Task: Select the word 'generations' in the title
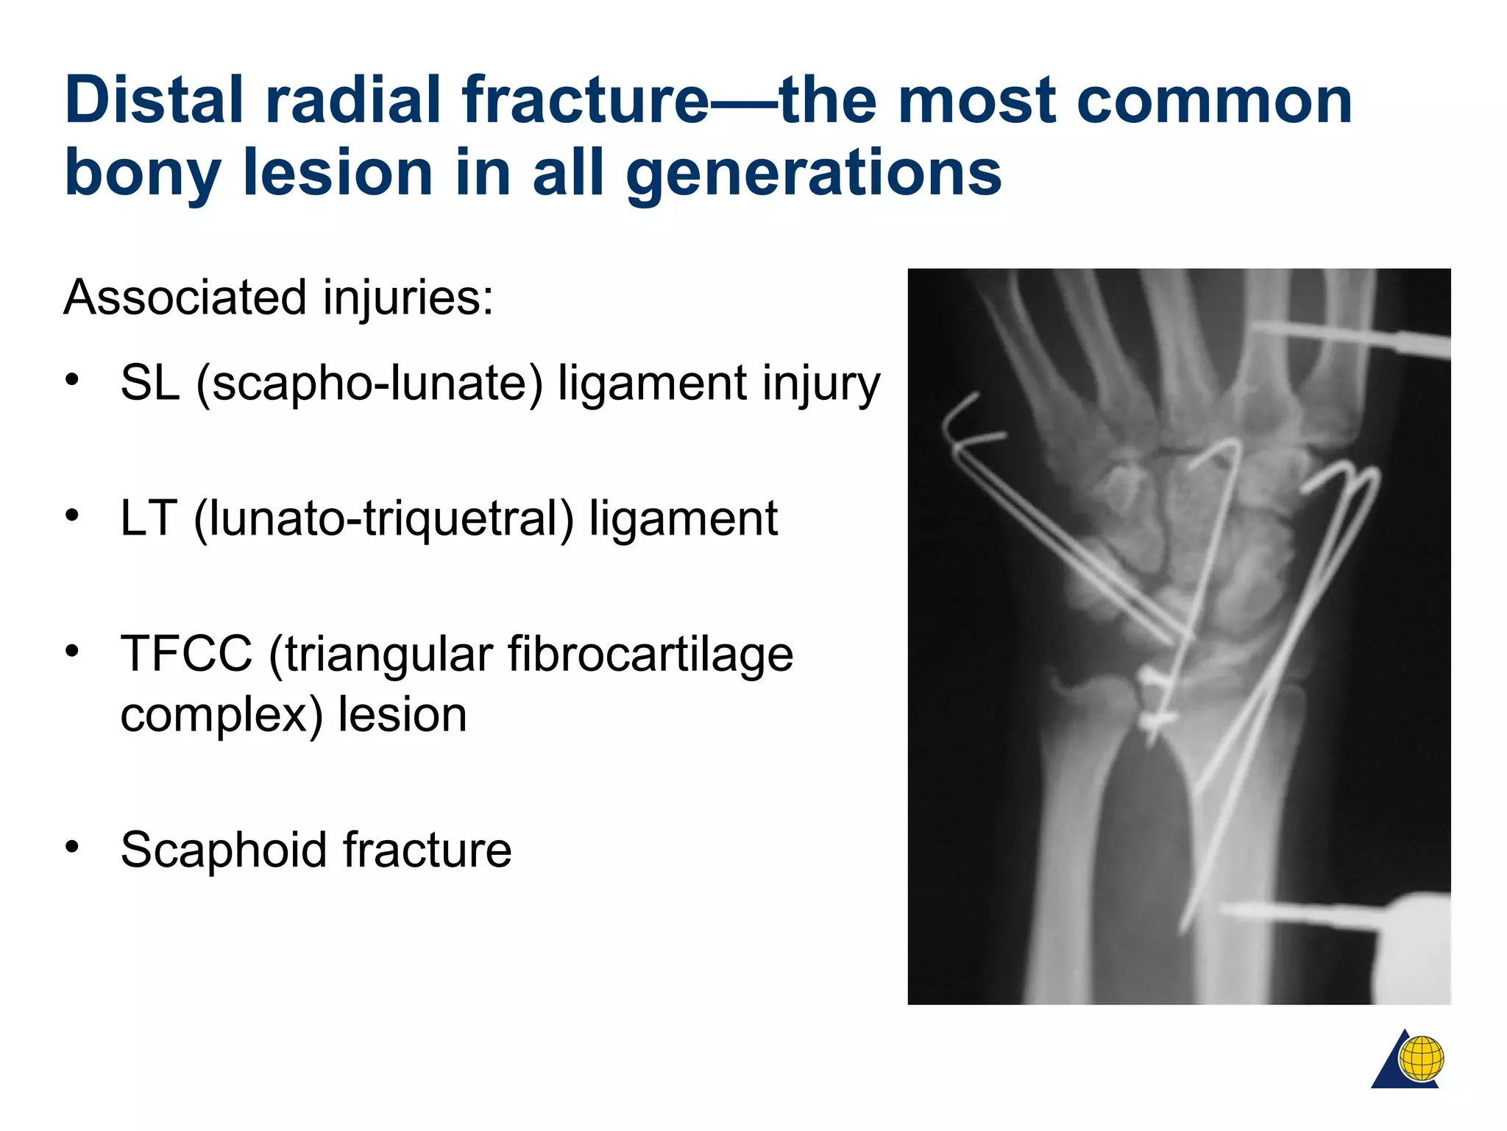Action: (814, 173)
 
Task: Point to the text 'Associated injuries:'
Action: (278, 298)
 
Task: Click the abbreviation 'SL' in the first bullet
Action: (150, 383)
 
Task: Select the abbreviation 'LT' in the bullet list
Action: (149, 518)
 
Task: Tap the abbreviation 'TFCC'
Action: (186, 654)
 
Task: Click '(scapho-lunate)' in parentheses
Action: (369, 383)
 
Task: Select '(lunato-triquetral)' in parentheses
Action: (383, 518)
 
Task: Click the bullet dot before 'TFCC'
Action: (71, 651)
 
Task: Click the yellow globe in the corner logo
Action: (1421, 1058)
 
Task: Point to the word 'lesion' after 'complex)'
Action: (402, 715)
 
